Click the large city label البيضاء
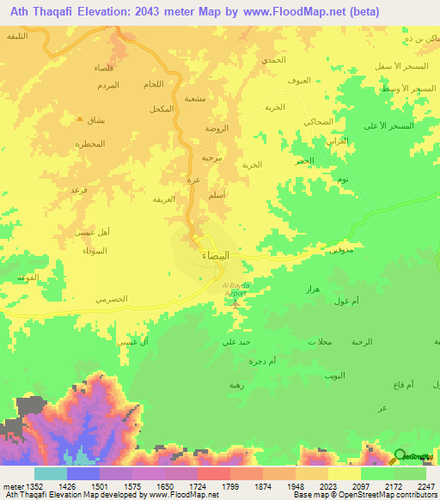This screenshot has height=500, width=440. point(215,256)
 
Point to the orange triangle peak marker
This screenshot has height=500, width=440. point(80,119)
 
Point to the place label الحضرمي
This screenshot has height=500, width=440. point(112,298)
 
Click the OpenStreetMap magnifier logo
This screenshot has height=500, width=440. point(400,457)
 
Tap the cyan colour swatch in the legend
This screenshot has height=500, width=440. point(51,473)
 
